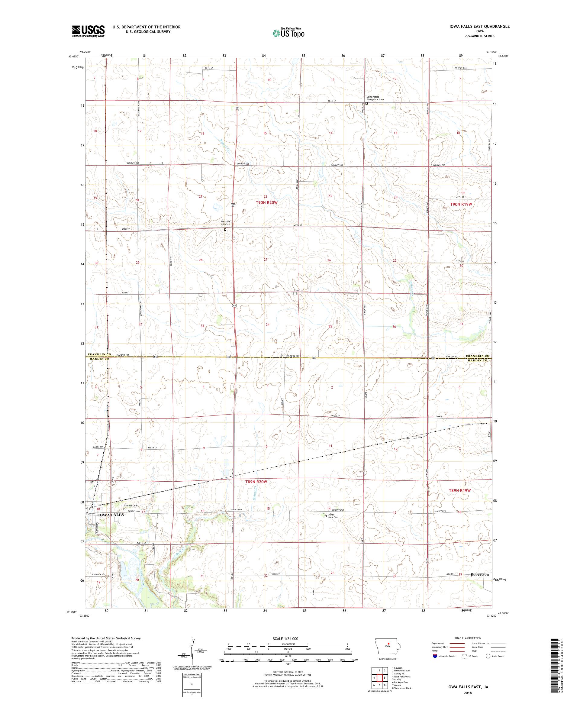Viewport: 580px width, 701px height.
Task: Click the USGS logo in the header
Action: (88, 31)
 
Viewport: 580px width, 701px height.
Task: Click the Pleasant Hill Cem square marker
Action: (225, 230)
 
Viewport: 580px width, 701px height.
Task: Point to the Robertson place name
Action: (479, 574)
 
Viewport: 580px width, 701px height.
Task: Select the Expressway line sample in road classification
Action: (457, 643)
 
